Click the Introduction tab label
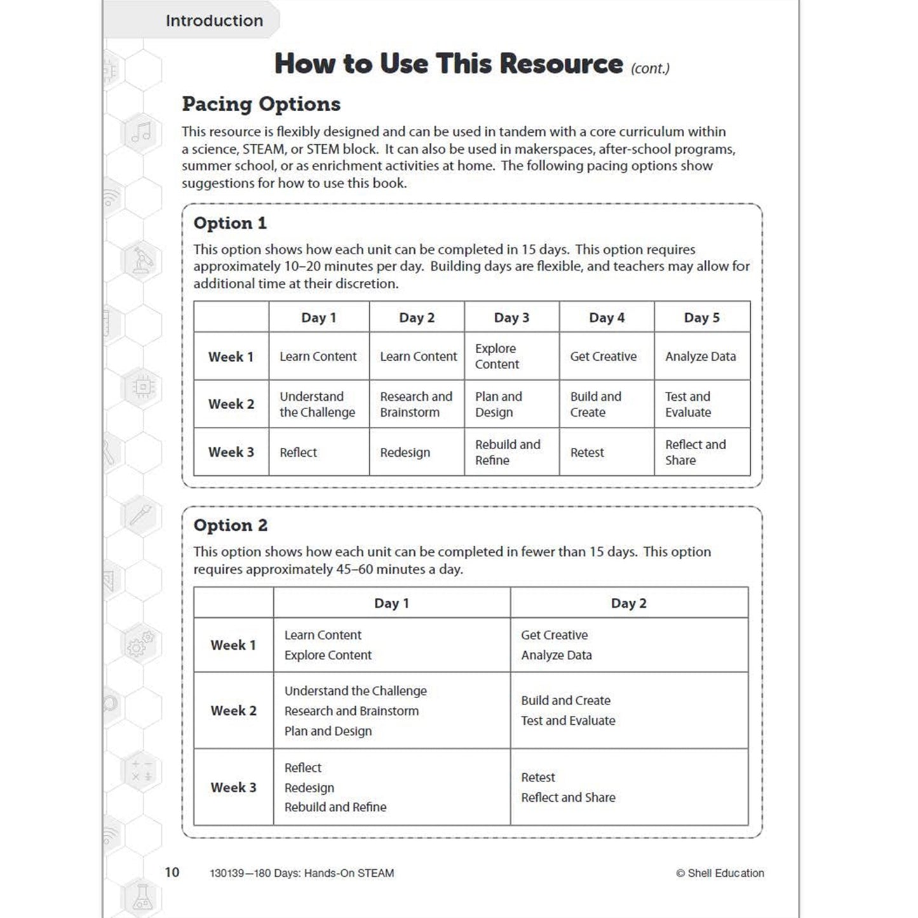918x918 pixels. tap(214, 21)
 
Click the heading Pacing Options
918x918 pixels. tap(261, 104)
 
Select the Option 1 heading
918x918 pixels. tap(230, 224)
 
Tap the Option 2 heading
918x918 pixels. tap(231, 525)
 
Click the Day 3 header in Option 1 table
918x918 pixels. tap(511, 318)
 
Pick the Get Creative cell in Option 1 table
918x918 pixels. tap(603, 356)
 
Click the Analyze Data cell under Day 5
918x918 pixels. tap(700, 356)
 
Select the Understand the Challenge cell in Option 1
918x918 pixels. tap(317, 405)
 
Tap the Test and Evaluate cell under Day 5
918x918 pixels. tap(688, 405)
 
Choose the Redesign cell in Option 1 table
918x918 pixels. tap(405, 452)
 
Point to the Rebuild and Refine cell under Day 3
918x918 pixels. tap(507, 452)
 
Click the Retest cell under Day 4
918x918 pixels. tap(587, 452)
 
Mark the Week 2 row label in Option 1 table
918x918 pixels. tap(231, 405)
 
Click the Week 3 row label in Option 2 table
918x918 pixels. tap(233, 788)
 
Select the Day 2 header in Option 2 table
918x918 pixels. tap(628, 604)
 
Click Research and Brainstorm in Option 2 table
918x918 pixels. tap(351, 711)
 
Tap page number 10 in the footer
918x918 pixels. tap(172, 872)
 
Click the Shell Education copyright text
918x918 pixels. tap(720, 874)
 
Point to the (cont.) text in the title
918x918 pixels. tap(650, 69)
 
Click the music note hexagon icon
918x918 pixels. tap(141, 132)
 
